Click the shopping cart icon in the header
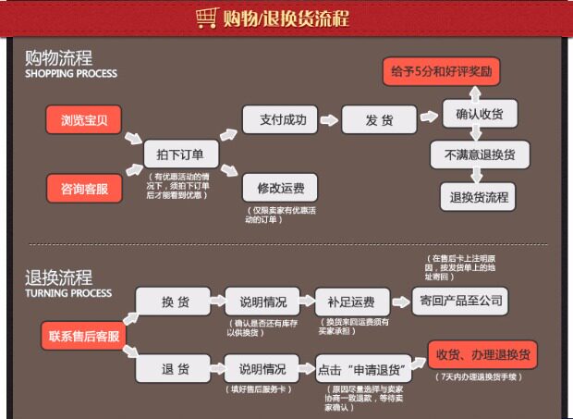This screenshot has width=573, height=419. click(x=207, y=18)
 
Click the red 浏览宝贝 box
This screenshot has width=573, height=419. click(x=83, y=119)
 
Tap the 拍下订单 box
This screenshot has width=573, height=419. click(x=180, y=154)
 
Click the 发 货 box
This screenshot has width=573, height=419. click(x=379, y=119)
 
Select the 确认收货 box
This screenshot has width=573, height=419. click(x=480, y=114)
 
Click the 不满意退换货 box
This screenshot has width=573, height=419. click(x=480, y=154)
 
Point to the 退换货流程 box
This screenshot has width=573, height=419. click(x=480, y=196)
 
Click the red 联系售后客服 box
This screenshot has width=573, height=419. click(x=83, y=336)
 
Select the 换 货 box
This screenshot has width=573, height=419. click(x=175, y=302)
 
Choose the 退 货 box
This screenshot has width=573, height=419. click(x=175, y=369)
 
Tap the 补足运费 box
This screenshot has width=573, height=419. click(x=350, y=302)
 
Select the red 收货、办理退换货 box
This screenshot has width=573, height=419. click(x=482, y=355)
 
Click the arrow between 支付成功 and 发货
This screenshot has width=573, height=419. click(x=329, y=119)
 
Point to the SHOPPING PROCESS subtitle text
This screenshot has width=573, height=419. click(x=71, y=74)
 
